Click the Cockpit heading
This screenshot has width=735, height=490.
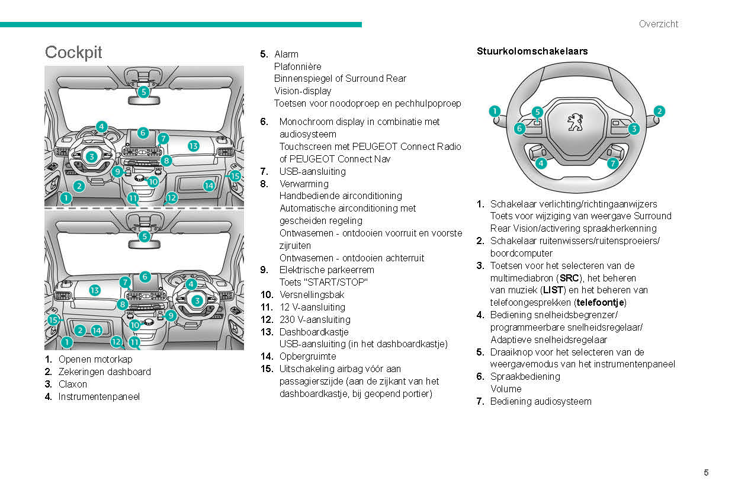(73, 52)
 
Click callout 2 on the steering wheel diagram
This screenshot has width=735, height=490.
(659, 111)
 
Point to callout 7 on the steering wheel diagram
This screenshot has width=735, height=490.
(613, 162)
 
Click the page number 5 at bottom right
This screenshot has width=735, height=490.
(706, 472)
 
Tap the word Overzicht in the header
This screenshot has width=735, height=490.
(658, 24)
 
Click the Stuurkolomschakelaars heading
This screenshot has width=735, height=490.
(532, 52)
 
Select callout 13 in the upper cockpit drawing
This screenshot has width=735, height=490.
(194, 146)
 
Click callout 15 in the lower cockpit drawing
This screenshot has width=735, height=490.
(53, 320)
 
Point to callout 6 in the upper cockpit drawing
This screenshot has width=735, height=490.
(143, 133)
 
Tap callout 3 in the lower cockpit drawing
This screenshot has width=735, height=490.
(197, 300)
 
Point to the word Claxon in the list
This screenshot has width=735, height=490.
(72, 384)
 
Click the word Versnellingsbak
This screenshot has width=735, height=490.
(312, 294)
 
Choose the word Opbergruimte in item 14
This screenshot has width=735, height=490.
(307, 356)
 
